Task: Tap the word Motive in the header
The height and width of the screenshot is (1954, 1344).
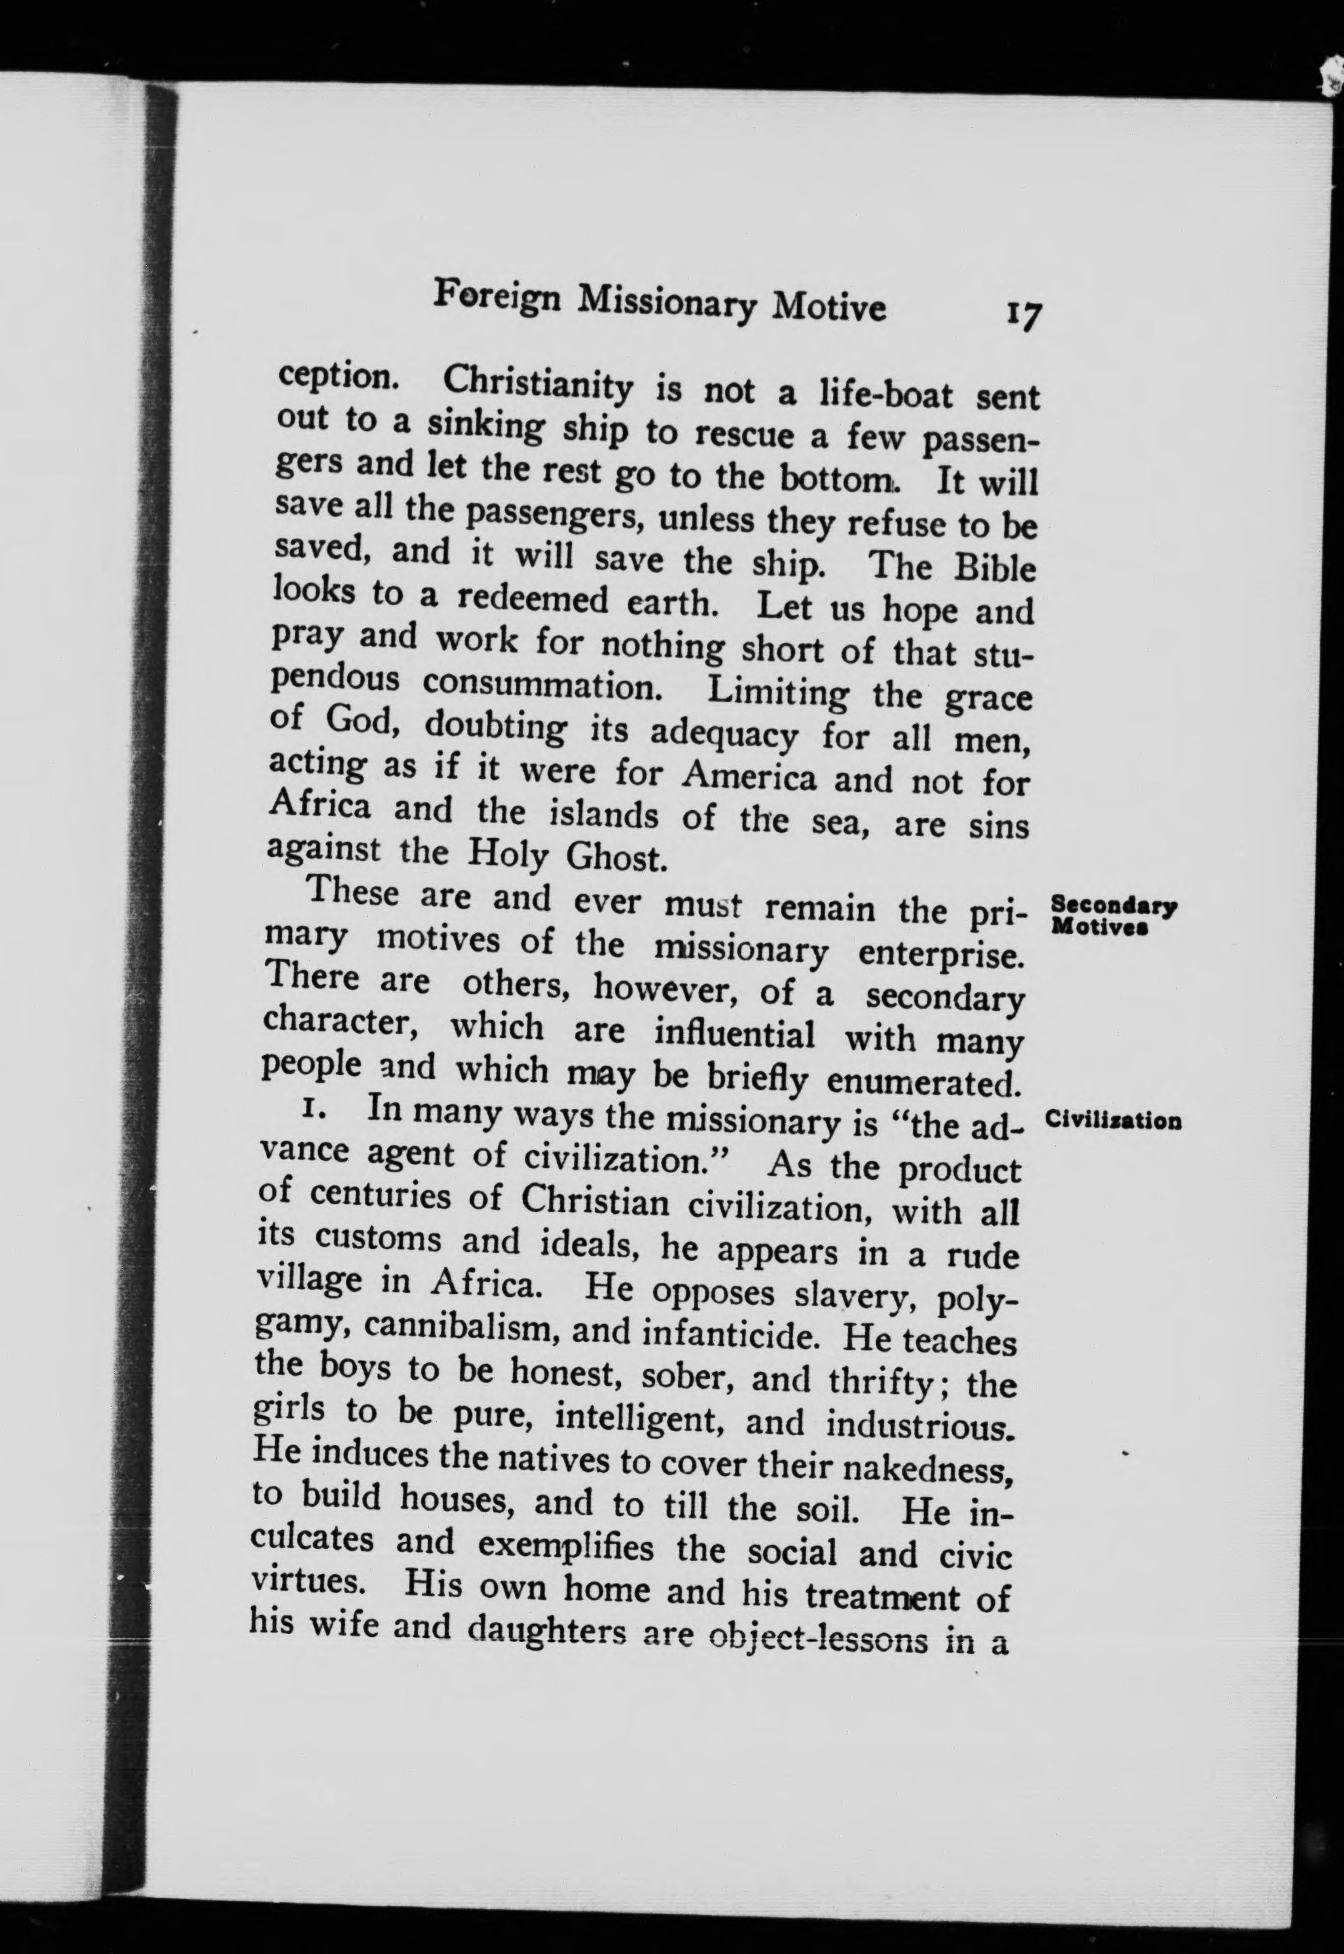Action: click(x=830, y=309)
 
